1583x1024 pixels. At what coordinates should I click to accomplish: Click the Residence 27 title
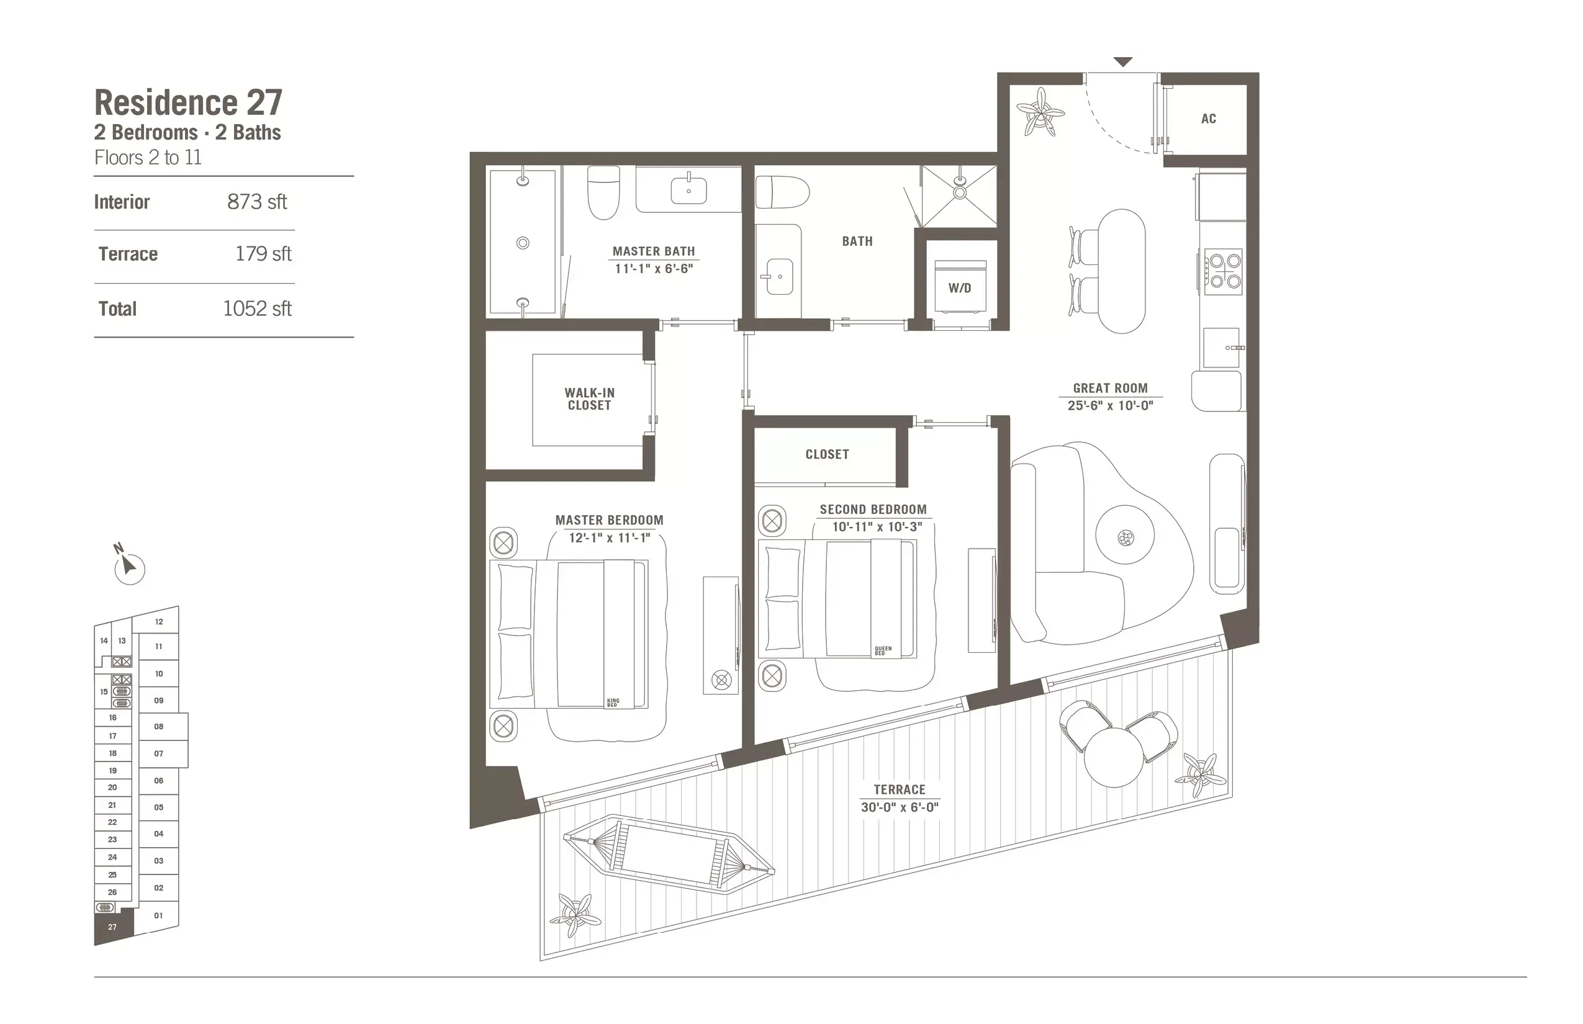pyautogui.click(x=188, y=102)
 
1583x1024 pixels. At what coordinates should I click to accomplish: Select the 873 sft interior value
pyautogui.click(x=257, y=202)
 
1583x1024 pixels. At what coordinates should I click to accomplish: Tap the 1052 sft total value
pyautogui.click(x=257, y=308)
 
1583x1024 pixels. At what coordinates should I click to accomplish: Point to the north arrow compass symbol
pyautogui.click(x=129, y=567)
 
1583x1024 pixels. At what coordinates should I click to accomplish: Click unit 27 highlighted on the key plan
pyautogui.click(x=112, y=926)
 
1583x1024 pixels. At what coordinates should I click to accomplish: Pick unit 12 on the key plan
pyautogui.click(x=159, y=622)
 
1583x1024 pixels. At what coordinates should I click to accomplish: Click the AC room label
pyautogui.click(x=1209, y=119)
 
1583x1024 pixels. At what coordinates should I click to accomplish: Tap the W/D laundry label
pyautogui.click(x=959, y=288)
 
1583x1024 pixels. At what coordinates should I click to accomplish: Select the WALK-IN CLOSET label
pyautogui.click(x=589, y=399)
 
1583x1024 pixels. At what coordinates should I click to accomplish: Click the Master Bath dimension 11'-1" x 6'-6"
pyautogui.click(x=654, y=269)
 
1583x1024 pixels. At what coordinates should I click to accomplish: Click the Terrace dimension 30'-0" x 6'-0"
pyautogui.click(x=900, y=807)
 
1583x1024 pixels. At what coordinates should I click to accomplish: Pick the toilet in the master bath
pyautogui.click(x=603, y=192)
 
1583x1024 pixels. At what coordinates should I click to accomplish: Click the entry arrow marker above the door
pyautogui.click(x=1123, y=62)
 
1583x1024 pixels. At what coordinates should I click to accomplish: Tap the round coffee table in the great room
pyautogui.click(x=1125, y=536)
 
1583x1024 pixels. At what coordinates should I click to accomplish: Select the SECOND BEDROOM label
pyautogui.click(x=873, y=510)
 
